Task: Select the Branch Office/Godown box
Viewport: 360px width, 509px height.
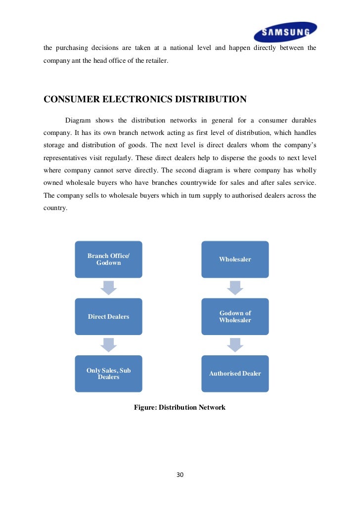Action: tap(108, 259)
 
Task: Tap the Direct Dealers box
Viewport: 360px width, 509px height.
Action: tap(108, 316)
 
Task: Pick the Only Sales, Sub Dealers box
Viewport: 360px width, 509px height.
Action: tap(108, 374)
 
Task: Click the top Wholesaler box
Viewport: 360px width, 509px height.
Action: tap(235, 259)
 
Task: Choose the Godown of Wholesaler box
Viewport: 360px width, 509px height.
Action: tap(235, 316)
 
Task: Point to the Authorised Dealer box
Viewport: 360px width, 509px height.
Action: tap(235, 374)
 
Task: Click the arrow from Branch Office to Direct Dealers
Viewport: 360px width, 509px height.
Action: tap(108, 287)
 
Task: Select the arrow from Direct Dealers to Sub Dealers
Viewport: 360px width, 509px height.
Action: tap(108, 344)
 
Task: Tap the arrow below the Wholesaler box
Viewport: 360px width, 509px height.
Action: tap(235, 287)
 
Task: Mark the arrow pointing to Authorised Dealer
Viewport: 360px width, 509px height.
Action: tap(235, 344)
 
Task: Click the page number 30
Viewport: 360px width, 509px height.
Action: tap(180, 475)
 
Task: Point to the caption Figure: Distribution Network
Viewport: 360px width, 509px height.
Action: tap(180, 407)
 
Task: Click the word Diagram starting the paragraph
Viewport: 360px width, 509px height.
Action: tap(78, 121)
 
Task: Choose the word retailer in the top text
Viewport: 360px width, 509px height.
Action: tap(156, 61)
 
